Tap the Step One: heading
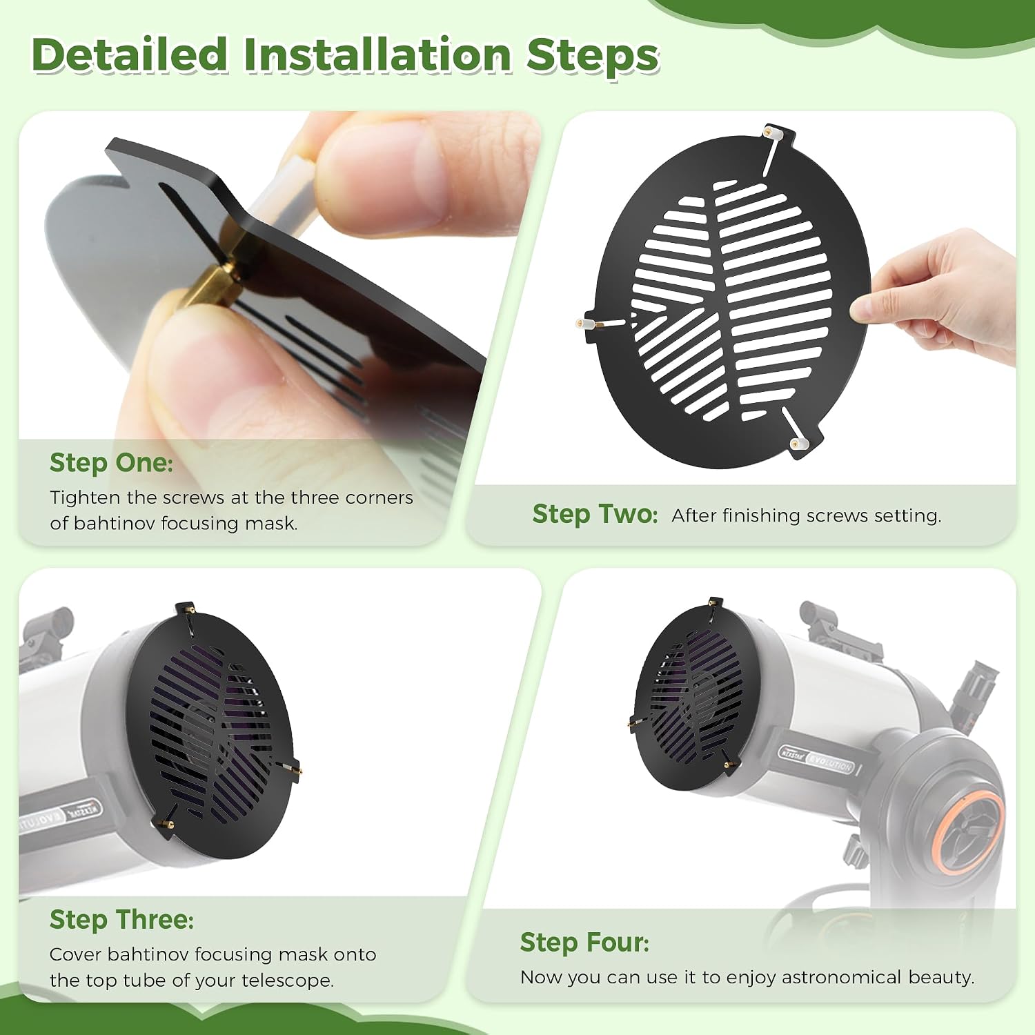pos(111,463)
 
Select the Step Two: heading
pos(595,514)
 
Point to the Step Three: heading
pos(122,920)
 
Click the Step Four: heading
pos(585,943)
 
